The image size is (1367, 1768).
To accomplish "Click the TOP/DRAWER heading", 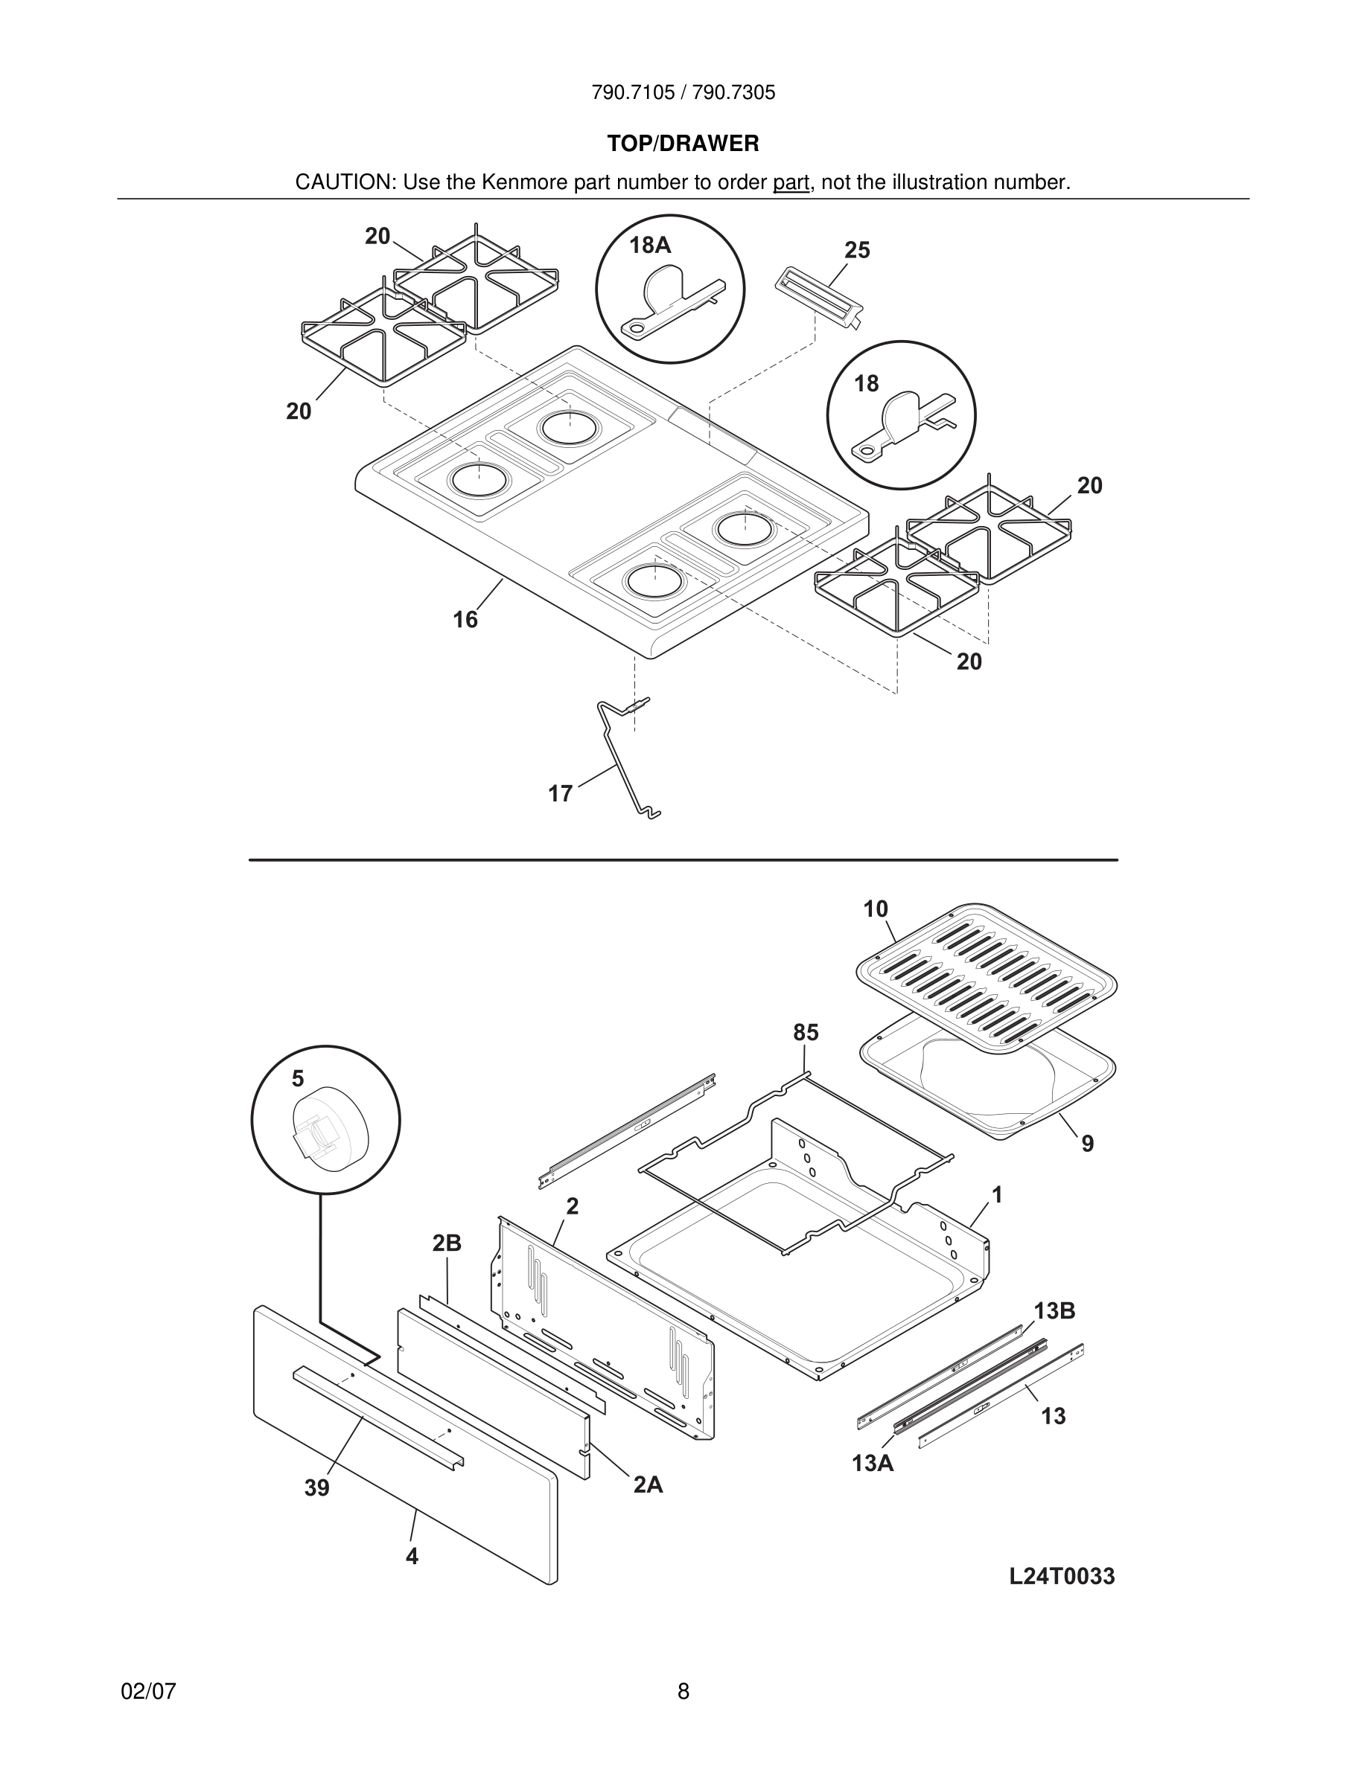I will pos(683,144).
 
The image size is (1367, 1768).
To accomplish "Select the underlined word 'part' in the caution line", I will pos(791,183).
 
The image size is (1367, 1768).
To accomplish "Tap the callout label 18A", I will pos(650,246).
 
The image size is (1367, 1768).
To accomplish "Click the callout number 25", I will pos(857,250).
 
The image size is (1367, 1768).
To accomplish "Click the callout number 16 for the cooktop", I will pos(465,619).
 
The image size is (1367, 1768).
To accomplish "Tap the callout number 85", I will pos(806,1032).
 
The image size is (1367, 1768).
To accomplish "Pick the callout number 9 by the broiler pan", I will pos(1087,1144).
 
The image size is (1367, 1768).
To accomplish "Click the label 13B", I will pos(1054,1311).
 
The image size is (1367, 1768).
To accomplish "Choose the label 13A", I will pos(872,1464).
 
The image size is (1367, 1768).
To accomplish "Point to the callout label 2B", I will pos(446,1243).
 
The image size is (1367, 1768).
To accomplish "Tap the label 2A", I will pos(648,1484).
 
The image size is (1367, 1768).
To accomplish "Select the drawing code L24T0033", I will pos(1062,1576).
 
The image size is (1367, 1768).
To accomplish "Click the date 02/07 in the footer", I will pos(148,1691).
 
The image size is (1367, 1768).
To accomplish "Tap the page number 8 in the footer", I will pos(683,1691).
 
